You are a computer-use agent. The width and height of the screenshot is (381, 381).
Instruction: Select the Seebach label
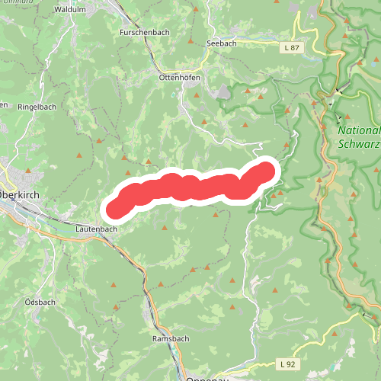(x=221, y=43)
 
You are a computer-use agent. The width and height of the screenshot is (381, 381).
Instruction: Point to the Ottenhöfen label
(x=179, y=78)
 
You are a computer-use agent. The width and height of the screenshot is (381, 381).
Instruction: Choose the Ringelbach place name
(x=37, y=107)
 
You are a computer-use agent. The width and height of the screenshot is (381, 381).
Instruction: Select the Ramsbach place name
(x=169, y=338)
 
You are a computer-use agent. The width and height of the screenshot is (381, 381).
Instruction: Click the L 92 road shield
(x=286, y=363)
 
